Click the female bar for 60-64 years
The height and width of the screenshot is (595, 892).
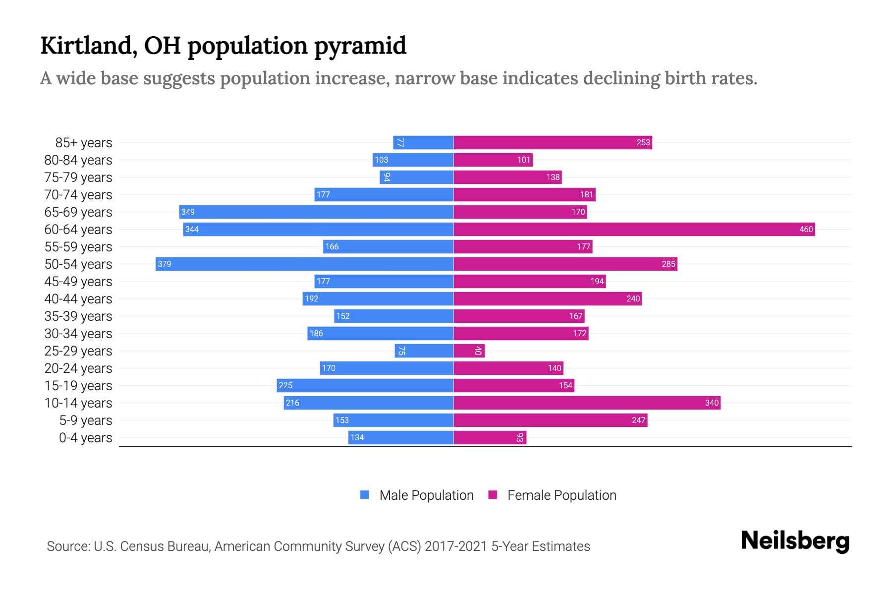634,229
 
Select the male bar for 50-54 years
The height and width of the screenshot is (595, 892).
304,264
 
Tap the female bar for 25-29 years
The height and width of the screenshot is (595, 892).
469,351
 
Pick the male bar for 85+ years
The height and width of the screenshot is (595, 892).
423,142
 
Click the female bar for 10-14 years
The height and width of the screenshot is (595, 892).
587,403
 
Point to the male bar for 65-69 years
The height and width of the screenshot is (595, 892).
316,212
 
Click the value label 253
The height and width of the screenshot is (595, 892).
643,142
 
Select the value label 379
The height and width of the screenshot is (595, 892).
165,264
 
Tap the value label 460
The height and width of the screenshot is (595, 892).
806,229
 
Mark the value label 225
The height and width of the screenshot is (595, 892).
285,385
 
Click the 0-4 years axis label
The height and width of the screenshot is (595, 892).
85,438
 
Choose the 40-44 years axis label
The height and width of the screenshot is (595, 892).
78,299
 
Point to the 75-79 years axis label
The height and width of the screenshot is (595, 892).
78,178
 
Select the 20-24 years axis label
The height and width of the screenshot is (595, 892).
78,368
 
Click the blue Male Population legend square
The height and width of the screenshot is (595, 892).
365,495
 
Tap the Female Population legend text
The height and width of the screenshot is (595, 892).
561,495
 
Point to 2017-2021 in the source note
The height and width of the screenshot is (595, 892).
456,546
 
